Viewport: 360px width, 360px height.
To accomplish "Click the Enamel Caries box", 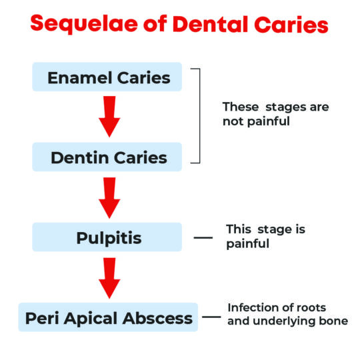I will (x=107, y=77).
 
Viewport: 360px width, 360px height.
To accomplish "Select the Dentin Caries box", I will (x=107, y=157).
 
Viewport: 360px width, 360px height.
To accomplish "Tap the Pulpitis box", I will (x=107, y=237).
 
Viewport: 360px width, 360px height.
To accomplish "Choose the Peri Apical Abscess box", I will (x=109, y=317).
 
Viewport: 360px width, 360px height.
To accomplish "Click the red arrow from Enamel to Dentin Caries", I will (x=109, y=117).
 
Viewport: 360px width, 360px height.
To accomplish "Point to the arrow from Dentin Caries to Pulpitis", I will (x=109, y=197).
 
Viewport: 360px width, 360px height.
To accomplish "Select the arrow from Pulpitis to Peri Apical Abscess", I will (x=109, y=277).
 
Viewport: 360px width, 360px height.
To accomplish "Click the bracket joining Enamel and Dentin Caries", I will (x=198, y=115).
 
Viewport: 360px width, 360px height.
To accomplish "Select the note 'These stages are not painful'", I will (x=275, y=114).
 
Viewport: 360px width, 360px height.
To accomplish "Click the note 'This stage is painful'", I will (x=265, y=236).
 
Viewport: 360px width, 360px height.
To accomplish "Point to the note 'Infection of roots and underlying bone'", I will (x=287, y=314).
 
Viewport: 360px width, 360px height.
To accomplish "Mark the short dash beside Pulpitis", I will (x=203, y=237).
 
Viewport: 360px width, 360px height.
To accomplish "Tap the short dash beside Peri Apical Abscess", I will (x=211, y=317).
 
